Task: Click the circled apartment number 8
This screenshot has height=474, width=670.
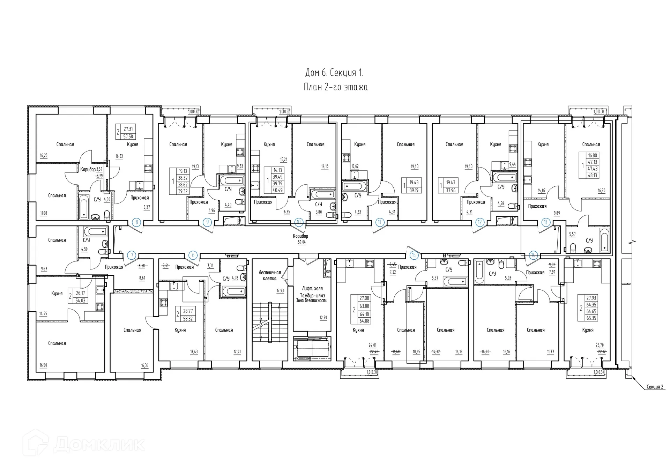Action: click(x=137, y=222)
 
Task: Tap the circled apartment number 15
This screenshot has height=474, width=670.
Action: click(x=414, y=255)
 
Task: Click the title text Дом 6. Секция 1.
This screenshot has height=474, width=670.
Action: click(x=334, y=73)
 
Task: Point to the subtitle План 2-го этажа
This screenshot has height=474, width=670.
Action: click(x=336, y=87)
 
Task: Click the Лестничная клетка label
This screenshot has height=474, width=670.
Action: click(x=270, y=275)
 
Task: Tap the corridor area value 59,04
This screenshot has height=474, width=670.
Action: click(x=301, y=242)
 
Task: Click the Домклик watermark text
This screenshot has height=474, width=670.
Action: click(x=99, y=444)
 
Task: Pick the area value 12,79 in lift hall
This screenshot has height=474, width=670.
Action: click(x=323, y=318)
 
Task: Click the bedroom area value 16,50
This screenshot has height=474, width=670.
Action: click(x=43, y=365)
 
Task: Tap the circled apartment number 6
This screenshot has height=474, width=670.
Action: click(x=193, y=255)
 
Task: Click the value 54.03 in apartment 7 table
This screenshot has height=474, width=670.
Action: click(x=80, y=300)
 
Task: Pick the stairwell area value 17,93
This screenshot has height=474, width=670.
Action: click(x=280, y=291)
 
